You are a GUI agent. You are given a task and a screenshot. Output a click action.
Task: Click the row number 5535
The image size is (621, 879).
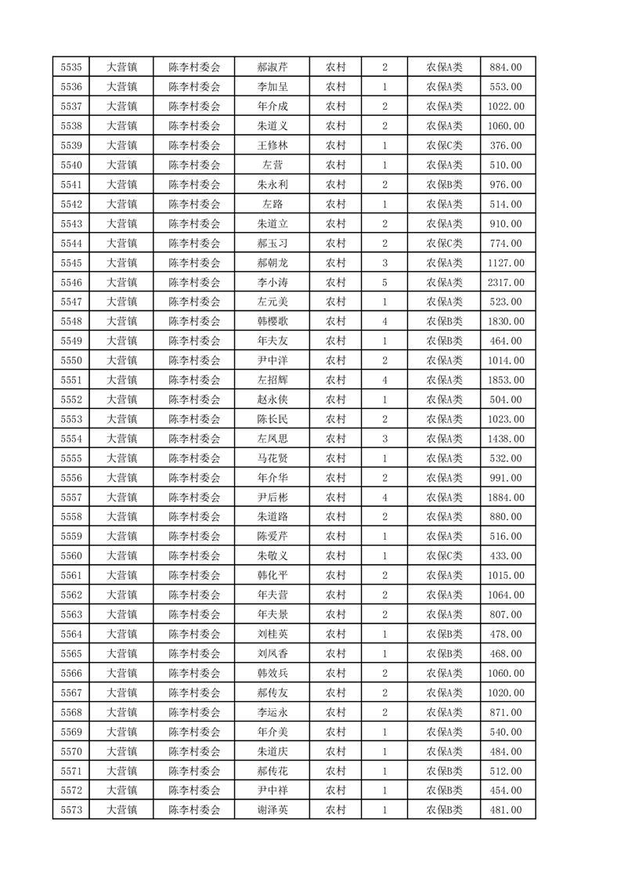click(70, 67)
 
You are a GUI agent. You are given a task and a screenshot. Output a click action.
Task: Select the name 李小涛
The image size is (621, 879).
click(272, 282)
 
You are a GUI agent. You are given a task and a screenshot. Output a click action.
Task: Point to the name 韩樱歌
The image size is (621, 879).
click(272, 321)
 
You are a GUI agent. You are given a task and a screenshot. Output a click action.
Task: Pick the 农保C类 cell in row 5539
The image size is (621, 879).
click(444, 146)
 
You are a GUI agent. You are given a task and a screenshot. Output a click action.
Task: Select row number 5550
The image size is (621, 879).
click(70, 360)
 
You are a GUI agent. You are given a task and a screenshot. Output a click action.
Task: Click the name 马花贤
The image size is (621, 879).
click(272, 458)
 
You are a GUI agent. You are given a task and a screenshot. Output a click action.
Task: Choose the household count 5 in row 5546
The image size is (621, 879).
click(385, 282)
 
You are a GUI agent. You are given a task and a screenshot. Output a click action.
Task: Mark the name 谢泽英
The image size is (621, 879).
click(272, 810)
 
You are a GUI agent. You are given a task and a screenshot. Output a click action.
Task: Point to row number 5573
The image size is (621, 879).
click(70, 810)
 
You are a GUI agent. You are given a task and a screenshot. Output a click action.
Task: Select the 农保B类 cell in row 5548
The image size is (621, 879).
click(444, 321)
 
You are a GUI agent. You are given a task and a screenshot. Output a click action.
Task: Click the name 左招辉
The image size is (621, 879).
click(272, 380)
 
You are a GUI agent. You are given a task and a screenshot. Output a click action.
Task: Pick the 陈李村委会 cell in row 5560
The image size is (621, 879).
click(194, 556)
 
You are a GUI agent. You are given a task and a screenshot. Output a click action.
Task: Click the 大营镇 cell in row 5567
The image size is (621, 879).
click(121, 693)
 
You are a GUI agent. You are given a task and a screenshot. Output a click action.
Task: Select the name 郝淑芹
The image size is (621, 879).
click(272, 67)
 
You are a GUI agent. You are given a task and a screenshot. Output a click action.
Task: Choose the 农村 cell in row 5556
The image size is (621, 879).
click(335, 478)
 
